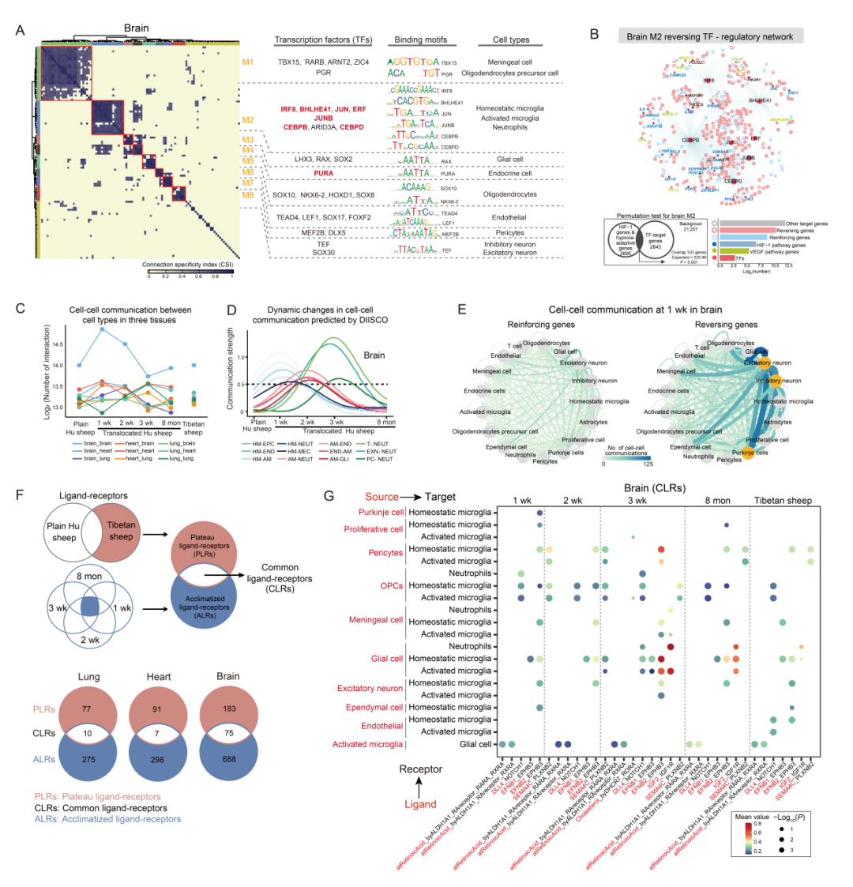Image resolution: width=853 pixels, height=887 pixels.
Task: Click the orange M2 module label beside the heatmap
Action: (247, 120)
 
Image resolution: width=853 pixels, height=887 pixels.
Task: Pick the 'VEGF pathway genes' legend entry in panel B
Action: (762, 251)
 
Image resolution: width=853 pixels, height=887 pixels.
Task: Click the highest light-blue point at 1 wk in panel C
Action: (101, 328)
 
